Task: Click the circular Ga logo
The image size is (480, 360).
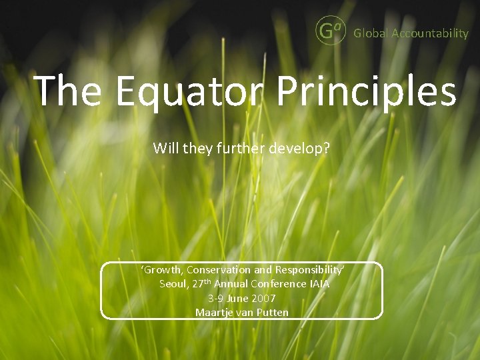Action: click(x=330, y=31)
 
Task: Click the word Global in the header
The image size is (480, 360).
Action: click(x=371, y=33)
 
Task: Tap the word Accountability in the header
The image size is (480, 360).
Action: click(x=430, y=33)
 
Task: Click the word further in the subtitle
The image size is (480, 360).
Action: click(x=240, y=148)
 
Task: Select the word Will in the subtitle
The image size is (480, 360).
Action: click(x=165, y=148)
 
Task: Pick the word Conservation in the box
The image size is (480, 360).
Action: click(x=218, y=270)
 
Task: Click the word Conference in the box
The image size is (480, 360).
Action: click(x=271, y=284)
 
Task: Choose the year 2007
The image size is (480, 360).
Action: click(x=263, y=298)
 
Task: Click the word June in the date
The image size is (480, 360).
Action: click(x=238, y=298)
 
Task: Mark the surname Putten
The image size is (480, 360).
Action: click(x=273, y=312)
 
